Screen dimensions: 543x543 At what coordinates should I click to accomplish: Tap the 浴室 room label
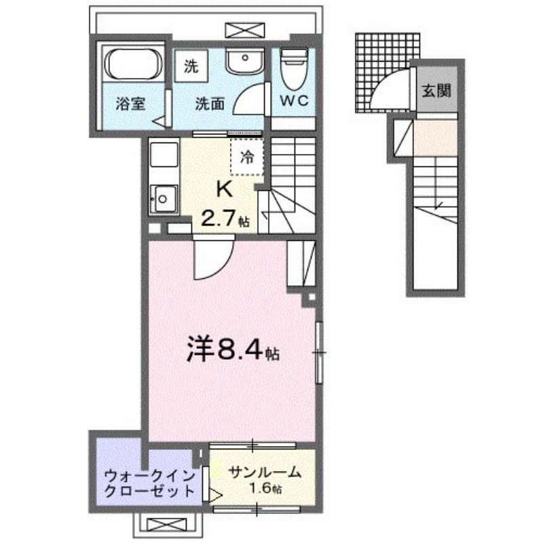click(x=130, y=105)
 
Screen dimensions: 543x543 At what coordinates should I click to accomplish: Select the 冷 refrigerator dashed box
click(x=247, y=157)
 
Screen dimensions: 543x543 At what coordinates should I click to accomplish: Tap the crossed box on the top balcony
click(x=243, y=30)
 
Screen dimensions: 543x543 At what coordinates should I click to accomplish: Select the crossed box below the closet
click(x=166, y=525)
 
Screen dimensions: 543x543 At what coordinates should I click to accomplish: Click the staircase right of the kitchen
click(x=291, y=183)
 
